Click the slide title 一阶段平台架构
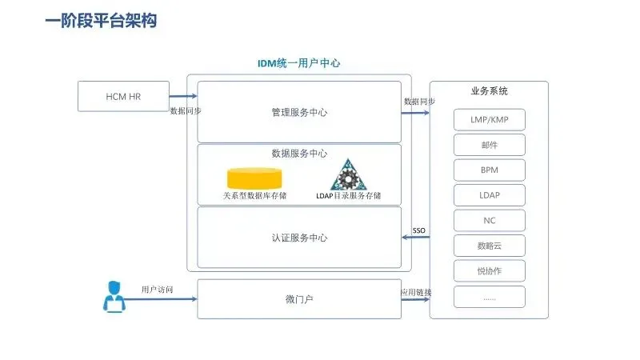pyautogui.click(x=100, y=21)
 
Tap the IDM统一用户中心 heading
pyautogui.click(x=298, y=63)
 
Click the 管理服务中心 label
pyautogui.click(x=299, y=113)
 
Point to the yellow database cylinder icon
pyautogui.click(x=254, y=177)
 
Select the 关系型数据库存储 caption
pyautogui.click(x=254, y=196)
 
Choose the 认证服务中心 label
pyautogui.click(x=299, y=238)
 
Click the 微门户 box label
pyautogui.click(x=299, y=299)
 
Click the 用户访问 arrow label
pyautogui.click(x=157, y=290)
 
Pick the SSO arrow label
pyautogui.click(x=418, y=230)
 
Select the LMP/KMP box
pyautogui.click(x=490, y=119)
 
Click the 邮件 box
pyautogui.click(x=490, y=145)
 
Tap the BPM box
pyautogui.click(x=490, y=170)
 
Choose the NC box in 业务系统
pyautogui.click(x=490, y=220)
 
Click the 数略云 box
pyautogui.click(x=490, y=245)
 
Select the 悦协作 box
pyautogui.click(x=490, y=270)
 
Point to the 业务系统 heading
pyautogui.click(x=490, y=91)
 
